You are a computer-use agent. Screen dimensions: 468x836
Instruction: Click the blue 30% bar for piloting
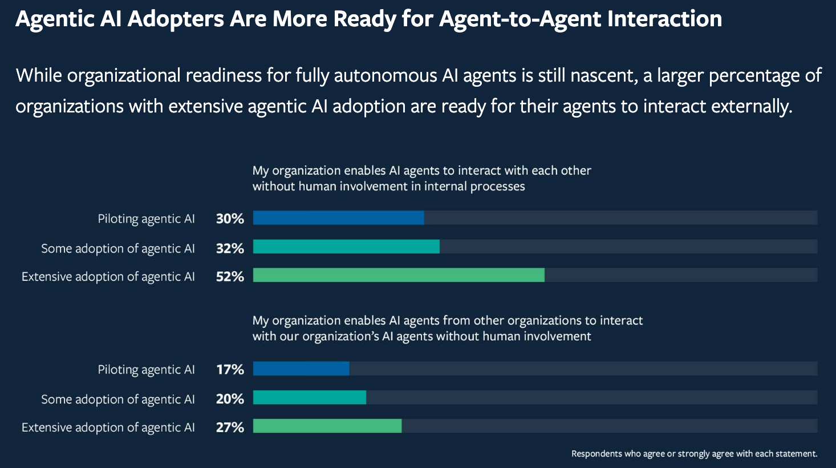[338, 218]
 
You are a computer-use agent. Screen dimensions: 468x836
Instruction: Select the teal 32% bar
[346, 247]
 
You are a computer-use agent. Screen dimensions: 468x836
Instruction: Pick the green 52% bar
[399, 275]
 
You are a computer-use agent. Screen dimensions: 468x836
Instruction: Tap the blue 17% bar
[301, 369]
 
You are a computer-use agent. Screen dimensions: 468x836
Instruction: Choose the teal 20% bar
[310, 397]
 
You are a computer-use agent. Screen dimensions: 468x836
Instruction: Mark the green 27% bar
[327, 426]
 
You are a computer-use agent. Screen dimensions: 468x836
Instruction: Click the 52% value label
[230, 276]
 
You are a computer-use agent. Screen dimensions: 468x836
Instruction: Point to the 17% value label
[230, 370]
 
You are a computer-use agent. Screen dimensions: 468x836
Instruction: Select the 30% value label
[230, 219]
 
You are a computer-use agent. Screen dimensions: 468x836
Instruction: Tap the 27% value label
[230, 427]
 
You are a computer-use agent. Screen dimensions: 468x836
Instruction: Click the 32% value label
[230, 248]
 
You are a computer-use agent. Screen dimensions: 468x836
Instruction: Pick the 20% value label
[230, 399]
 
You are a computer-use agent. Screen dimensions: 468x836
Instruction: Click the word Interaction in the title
[664, 19]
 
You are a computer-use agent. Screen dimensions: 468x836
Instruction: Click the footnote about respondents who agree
[694, 454]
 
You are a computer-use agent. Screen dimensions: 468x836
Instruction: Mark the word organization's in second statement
[340, 337]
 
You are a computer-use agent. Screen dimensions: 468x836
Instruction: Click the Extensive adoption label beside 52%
[108, 277]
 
